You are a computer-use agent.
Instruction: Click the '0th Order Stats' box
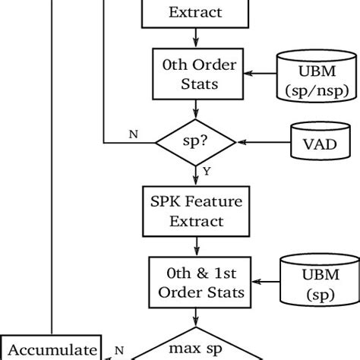[x=197, y=73]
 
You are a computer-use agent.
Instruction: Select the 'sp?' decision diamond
[x=197, y=141]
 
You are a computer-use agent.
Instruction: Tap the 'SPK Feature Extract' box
[x=197, y=212]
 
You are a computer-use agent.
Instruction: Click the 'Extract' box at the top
[x=197, y=11]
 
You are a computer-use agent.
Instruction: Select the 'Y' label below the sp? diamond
[x=206, y=172]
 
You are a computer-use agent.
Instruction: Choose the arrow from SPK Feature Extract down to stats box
[x=197, y=245]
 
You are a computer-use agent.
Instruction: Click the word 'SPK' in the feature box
[x=171, y=204]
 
